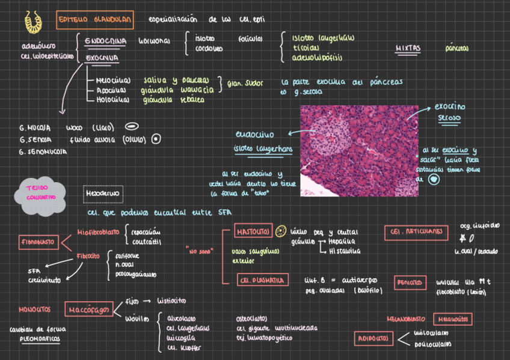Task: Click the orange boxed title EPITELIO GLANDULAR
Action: (95, 20)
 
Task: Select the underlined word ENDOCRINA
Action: (105, 40)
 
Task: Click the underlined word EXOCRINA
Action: (101, 58)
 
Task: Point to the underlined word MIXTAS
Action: (408, 48)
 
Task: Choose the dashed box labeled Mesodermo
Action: (103, 194)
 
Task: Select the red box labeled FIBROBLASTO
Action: (38, 242)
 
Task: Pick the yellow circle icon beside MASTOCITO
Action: (281, 232)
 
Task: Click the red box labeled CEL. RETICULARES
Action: (416, 231)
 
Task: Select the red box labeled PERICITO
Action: (409, 282)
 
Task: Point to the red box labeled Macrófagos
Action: (85, 310)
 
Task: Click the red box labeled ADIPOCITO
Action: (373, 338)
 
